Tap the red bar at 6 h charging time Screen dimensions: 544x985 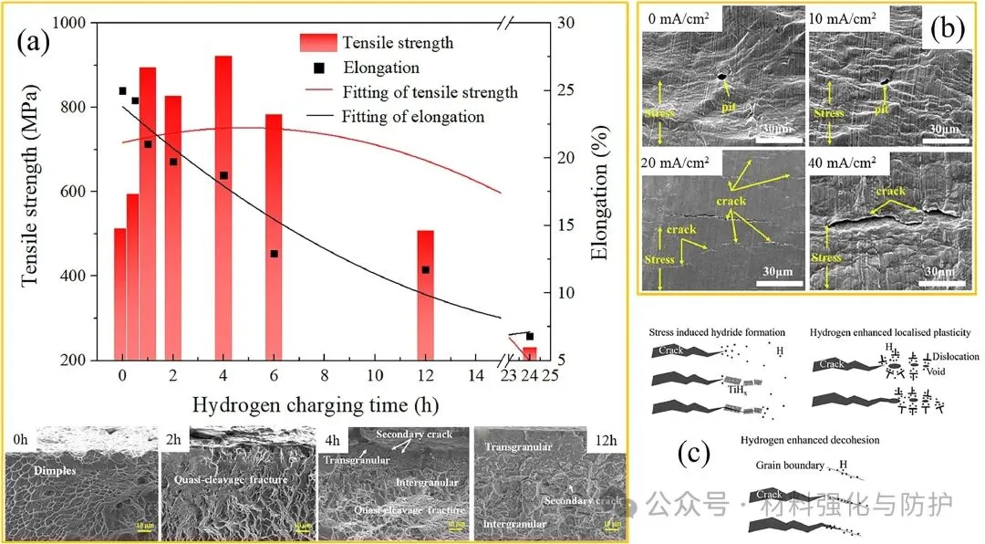274,236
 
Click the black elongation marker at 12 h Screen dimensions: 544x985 425,270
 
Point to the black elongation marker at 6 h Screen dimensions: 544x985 274,254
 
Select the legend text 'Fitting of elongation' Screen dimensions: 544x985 413,116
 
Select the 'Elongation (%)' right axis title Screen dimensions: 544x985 599,192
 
